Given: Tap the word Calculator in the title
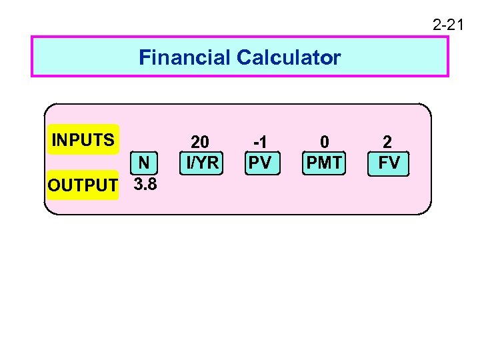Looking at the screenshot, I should (288, 58).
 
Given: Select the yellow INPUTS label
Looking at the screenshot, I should (83, 140).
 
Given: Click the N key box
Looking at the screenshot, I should (144, 163).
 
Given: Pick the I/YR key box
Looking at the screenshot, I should (201, 163).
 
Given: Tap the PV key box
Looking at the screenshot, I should (260, 163).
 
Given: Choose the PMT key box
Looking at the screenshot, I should (324, 163).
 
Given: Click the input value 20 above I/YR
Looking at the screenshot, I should (200, 142).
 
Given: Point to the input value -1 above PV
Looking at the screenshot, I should (259, 142).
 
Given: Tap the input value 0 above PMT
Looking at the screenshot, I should (325, 142).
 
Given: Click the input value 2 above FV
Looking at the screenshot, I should (387, 142).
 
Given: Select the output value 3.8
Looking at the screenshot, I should (145, 184).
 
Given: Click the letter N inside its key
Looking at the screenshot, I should (144, 163).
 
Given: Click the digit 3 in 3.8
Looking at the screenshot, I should (138, 184).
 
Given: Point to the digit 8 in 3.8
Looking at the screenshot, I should (152, 184).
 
